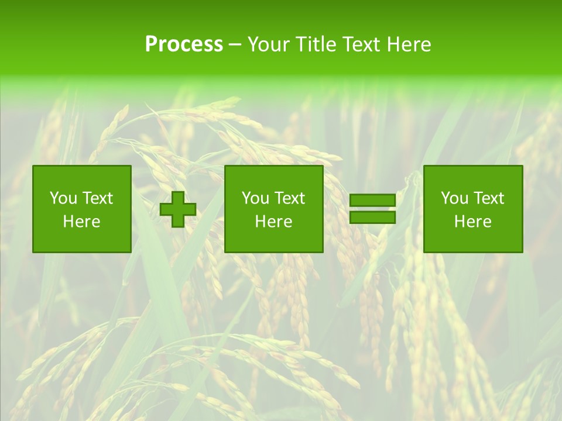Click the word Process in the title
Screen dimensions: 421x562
(184, 44)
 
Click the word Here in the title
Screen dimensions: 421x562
(410, 44)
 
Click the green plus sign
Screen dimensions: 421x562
(178, 209)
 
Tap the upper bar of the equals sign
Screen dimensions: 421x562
(372, 201)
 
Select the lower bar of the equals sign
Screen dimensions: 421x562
(372, 218)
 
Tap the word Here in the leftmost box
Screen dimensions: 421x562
(81, 222)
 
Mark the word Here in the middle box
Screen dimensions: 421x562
(273, 222)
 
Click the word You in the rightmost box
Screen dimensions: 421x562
(454, 198)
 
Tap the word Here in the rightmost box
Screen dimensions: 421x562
(472, 222)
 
